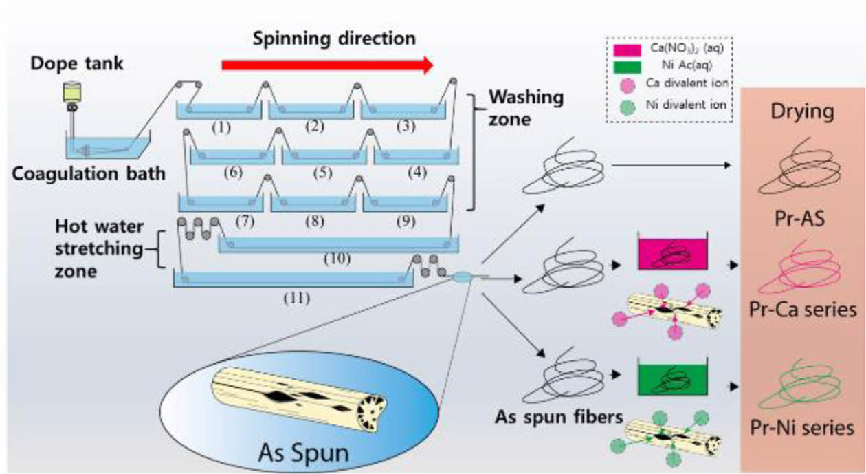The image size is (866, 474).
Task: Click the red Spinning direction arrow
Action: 327,65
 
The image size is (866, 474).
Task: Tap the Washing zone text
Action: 525,107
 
